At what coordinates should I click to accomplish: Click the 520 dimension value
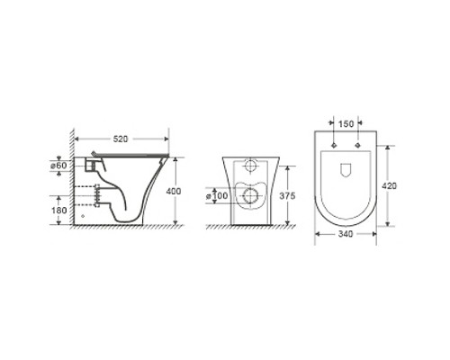(x=121, y=139)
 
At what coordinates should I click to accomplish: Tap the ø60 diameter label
(x=58, y=166)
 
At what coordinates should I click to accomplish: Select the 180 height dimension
(x=59, y=211)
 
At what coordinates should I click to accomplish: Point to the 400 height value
(x=174, y=191)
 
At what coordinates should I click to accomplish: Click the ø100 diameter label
(x=217, y=196)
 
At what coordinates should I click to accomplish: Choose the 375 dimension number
(x=287, y=196)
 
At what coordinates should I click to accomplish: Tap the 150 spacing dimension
(x=346, y=123)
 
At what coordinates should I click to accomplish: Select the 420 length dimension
(x=389, y=186)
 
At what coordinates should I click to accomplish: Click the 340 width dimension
(x=346, y=234)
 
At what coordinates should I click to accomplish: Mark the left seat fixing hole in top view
(x=334, y=146)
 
